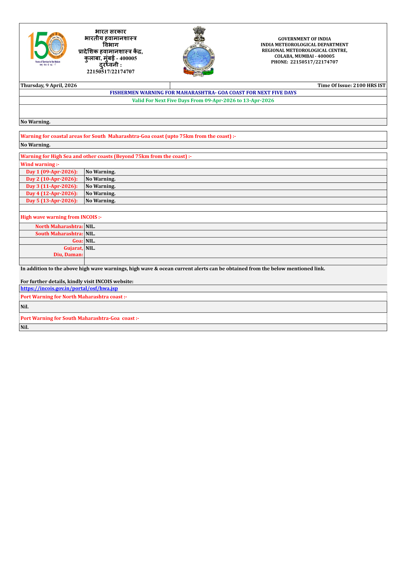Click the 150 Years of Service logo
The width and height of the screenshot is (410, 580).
click(x=48, y=48)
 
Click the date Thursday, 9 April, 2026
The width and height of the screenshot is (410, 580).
click(x=49, y=85)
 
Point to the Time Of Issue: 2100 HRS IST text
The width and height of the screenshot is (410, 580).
click(x=351, y=85)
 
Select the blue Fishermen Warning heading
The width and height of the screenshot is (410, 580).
click(x=203, y=93)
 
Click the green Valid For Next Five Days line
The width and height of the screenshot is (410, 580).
click(x=203, y=101)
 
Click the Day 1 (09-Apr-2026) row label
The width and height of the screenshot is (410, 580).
click(x=52, y=172)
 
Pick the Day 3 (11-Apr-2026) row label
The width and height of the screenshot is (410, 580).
click(x=52, y=186)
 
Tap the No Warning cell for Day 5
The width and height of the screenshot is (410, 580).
click(x=101, y=201)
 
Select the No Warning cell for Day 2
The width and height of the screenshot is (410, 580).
click(x=101, y=179)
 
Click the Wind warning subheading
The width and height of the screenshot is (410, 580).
click(x=40, y=164)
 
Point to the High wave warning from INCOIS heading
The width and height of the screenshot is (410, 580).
click(x=61, y=217)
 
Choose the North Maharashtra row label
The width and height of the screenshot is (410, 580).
click(x=59, y=226)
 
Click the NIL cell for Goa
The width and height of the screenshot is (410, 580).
click(x=90, y=241)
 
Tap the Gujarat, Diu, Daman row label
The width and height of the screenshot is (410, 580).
click(x=68, y=251)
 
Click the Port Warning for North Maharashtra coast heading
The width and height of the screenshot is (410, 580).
click(x=74, y=297)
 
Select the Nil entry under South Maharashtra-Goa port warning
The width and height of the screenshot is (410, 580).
click(x=25, y=327)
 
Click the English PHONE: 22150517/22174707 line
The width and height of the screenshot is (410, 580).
click(x=304, y=62)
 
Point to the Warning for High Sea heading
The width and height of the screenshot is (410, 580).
click(x=106, y=156)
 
